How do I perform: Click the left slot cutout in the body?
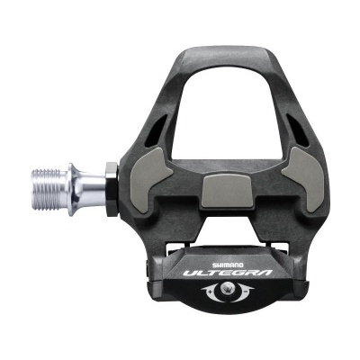tap(148, 134)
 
